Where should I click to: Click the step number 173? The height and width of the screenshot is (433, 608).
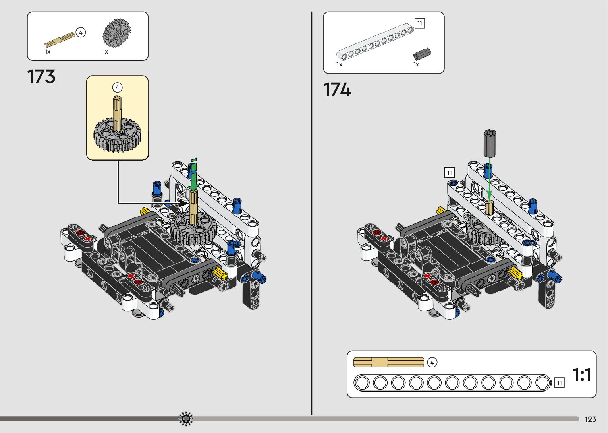click(x=41, y=76)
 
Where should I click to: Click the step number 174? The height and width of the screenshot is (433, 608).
click(x=337, y=90)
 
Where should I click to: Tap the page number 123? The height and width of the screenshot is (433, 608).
click(x=591, y=419)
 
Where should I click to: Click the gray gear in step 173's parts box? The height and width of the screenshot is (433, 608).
click(x=117, y=33)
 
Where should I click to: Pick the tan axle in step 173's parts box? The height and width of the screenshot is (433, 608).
click(x=60, y=39)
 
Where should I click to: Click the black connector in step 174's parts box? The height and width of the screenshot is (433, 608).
click(x=422, y=54)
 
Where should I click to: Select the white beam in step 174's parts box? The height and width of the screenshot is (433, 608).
click(x=375, y=41)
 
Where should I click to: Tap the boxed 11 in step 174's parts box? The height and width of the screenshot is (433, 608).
click(x=420, y=23)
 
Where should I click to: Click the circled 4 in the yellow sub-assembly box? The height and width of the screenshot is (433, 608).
click(x=117, y=88)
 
